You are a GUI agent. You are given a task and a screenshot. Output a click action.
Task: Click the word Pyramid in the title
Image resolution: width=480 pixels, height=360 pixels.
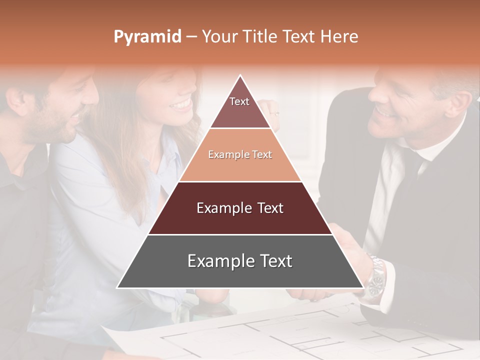coord(147,37)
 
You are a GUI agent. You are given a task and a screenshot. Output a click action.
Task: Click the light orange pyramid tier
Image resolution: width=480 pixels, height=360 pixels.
coord(240,155)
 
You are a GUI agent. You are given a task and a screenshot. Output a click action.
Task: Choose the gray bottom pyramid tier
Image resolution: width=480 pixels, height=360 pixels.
coord(240,261)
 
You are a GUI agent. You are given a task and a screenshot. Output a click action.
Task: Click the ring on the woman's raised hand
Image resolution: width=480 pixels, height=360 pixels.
coord(273,114)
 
